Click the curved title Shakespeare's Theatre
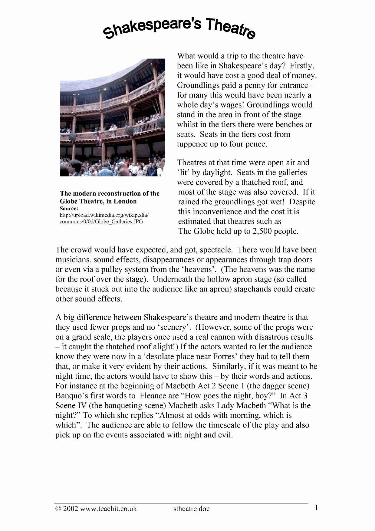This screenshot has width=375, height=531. coord(179,28)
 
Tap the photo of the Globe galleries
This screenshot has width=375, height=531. coord(112,117)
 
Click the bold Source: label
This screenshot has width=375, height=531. coord(69,209)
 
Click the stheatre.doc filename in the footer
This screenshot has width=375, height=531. coord(191,509)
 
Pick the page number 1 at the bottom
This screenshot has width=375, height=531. coord(316,508)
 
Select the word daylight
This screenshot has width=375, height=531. coord(212,173)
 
